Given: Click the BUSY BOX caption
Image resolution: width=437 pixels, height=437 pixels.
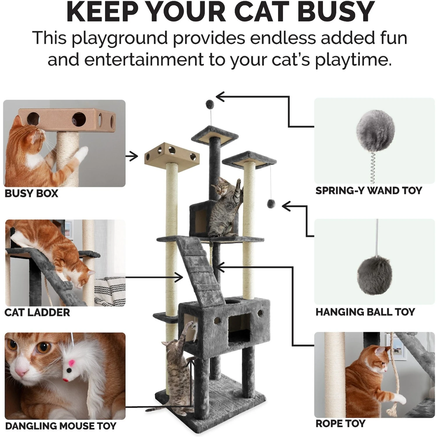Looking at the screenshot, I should pyautogui.click(x=31, y=193).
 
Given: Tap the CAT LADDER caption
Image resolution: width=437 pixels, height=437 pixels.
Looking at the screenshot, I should pyautogui.click(x=37, y=313).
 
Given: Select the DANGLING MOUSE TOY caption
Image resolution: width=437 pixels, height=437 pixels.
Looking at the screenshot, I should pyautogui.click(x=61, y=426).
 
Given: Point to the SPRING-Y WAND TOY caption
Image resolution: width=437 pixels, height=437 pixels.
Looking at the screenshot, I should pyautogui.click(x=369, y=191).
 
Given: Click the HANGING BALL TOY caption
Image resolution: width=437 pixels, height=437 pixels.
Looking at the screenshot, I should pyautogui.click(x=365, y=312).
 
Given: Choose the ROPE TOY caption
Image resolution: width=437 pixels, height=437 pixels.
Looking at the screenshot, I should pyautogui.click(x=340, y=423).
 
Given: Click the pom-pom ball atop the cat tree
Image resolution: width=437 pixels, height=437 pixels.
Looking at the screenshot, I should pyautogui.click(x=209, y=103).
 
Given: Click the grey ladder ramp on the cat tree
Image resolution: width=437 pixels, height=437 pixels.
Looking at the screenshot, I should pyautogui.click(x=201, y=268).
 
